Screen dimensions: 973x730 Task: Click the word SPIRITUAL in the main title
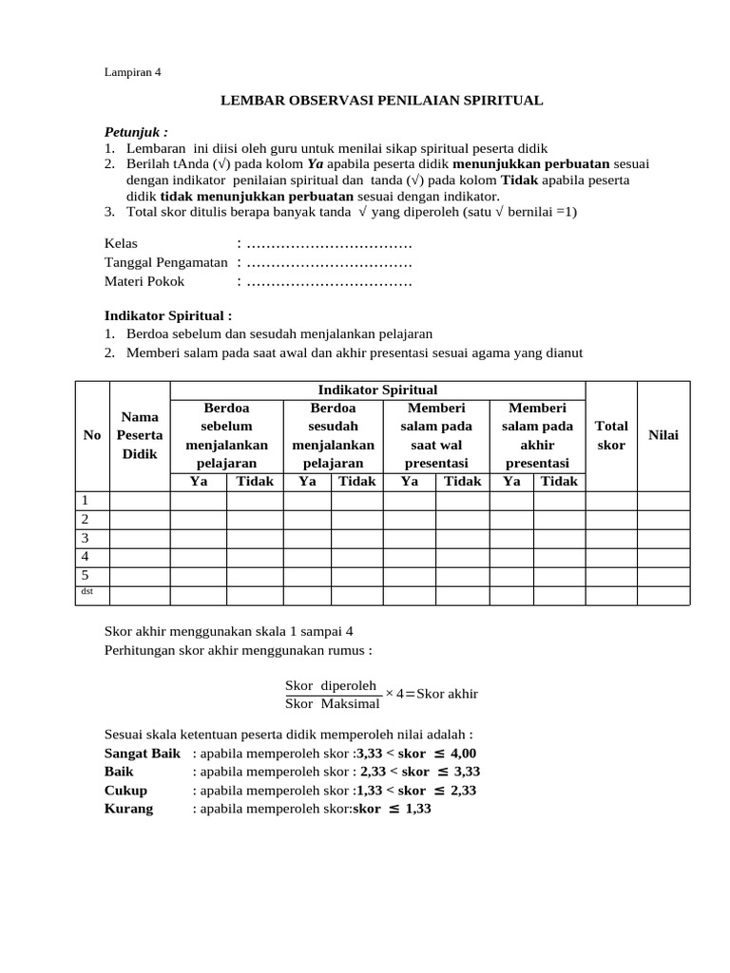[494, 100]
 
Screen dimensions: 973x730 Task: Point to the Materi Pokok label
[144, 281]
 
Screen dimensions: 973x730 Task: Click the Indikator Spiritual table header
[377, 390]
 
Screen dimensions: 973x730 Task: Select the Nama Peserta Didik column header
[140, 434]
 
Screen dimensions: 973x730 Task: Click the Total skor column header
[610, 435]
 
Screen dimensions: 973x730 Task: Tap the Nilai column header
[663, 434]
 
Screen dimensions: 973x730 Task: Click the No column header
[92, 434]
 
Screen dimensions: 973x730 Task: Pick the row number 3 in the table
[86, 538]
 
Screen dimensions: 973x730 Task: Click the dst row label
[86, 593]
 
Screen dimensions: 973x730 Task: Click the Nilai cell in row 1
[663, 501]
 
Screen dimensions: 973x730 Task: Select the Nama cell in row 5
[140, 576]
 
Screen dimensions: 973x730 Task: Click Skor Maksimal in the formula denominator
[333, 703]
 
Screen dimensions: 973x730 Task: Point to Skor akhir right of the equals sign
[447, 694]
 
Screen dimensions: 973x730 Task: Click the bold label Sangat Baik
[142, 753]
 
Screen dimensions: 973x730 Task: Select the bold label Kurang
[128, 809]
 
